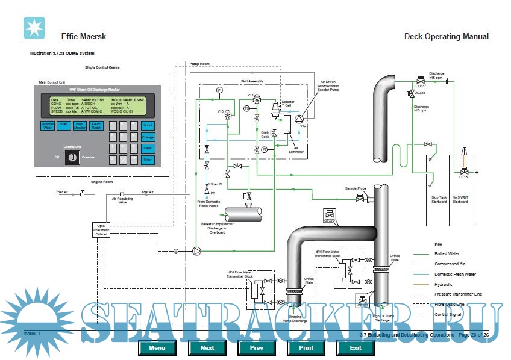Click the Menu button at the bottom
[157, 347]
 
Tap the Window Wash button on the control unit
[47, 126]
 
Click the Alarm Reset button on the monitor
[95, 126]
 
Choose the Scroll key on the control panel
[148, 126]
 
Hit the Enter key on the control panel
[148, 160]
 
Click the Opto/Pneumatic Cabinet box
[101, 229]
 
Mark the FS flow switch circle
[246, 108]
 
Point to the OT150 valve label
[463, 177]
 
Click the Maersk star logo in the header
[34, 28]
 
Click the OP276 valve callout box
[330, 214]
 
